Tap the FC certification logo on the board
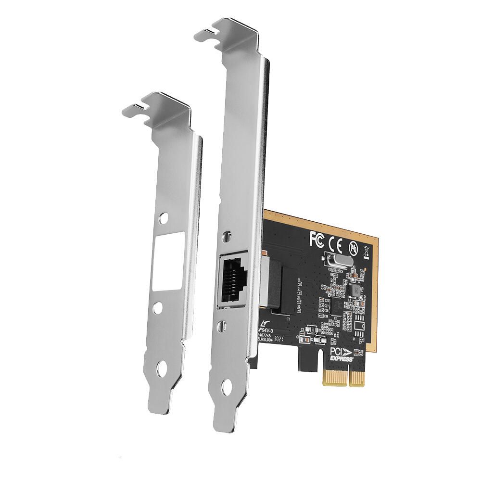tap(317, 237)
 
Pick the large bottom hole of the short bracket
tap(162, 369)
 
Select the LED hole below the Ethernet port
tap(222, 326)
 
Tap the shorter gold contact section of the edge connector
tap(358, 377)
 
